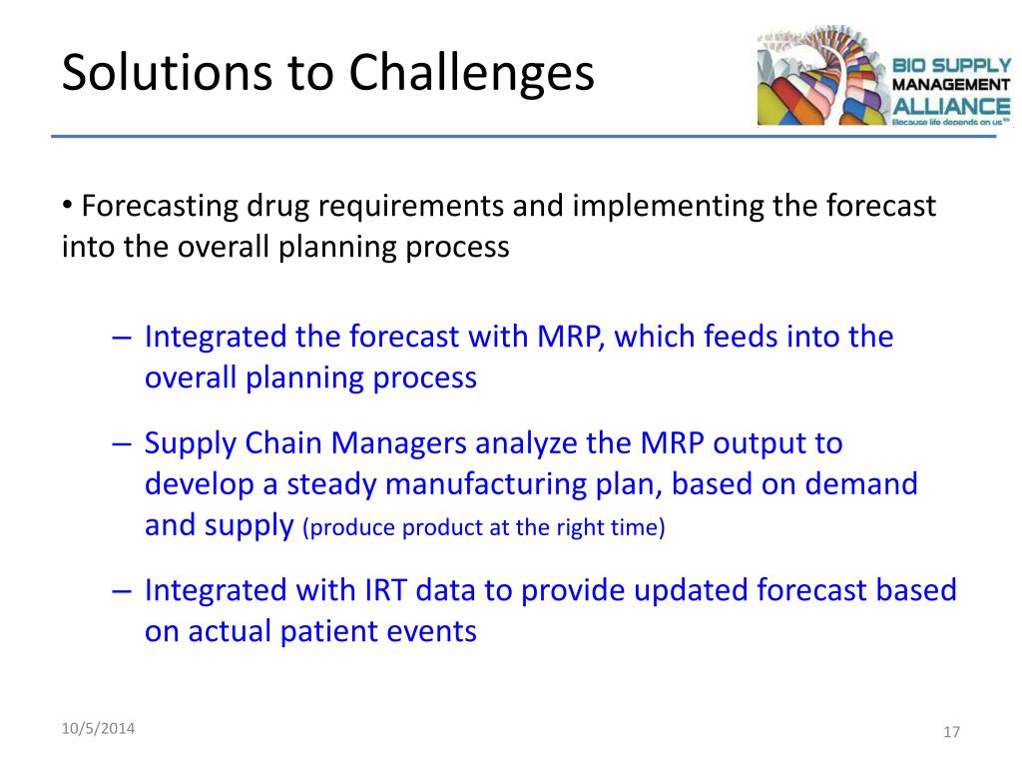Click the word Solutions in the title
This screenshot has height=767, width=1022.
167,71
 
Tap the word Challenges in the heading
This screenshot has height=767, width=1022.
471,73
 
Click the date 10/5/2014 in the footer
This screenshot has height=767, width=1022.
98,728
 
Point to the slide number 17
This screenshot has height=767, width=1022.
951,732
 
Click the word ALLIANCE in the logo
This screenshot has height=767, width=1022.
951,106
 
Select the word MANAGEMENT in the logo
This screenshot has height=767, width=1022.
950,85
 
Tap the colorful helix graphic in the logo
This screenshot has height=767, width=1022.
823,76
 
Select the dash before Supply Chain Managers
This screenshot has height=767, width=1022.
122,443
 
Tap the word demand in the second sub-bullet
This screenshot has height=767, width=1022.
861,484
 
